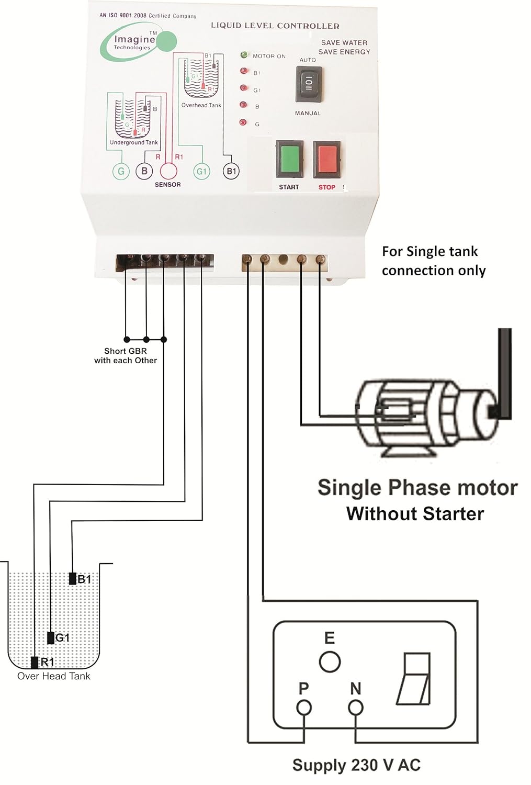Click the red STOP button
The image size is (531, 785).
pos(326,159)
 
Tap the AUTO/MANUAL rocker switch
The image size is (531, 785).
pos(309,84)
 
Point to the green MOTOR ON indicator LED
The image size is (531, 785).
pos(244,55)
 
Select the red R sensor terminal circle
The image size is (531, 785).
pos(168,171)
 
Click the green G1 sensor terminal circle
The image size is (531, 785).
pos(201,171)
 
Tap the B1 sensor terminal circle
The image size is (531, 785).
pos(231,171)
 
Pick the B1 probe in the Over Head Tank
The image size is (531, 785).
pos(73,578)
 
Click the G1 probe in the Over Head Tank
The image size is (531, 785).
pos(51,637)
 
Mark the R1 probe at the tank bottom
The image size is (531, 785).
pos(35,662)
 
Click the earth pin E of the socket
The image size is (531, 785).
pos(330,661)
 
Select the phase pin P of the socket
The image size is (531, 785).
pos(304,708)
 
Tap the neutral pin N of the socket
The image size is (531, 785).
pos(356,708)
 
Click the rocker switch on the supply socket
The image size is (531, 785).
pos(414,678)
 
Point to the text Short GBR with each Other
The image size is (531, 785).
pos(126,356)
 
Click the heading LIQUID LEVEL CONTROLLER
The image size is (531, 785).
pos(275,26)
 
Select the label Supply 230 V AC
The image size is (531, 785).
pos(356,765)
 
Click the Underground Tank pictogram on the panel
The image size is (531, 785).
pos(133,118)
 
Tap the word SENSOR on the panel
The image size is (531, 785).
pos(167,185)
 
